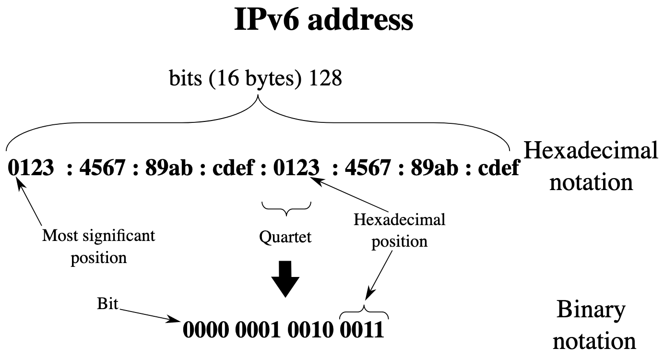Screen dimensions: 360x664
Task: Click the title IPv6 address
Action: (324, 20)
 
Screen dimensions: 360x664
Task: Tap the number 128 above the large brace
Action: (325, 79)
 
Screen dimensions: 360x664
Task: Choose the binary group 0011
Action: (362, 330)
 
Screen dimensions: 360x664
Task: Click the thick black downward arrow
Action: (285, 279)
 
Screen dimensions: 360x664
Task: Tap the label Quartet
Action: (285, 237)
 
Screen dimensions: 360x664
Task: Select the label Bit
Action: (107, 304)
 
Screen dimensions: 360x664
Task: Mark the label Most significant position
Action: (99, 247)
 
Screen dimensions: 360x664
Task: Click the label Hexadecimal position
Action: (399, 230)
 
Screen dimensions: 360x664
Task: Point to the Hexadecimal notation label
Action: (591, 166)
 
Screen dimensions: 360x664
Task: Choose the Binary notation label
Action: (594, 325)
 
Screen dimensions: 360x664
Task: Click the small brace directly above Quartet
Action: (286, 208)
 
